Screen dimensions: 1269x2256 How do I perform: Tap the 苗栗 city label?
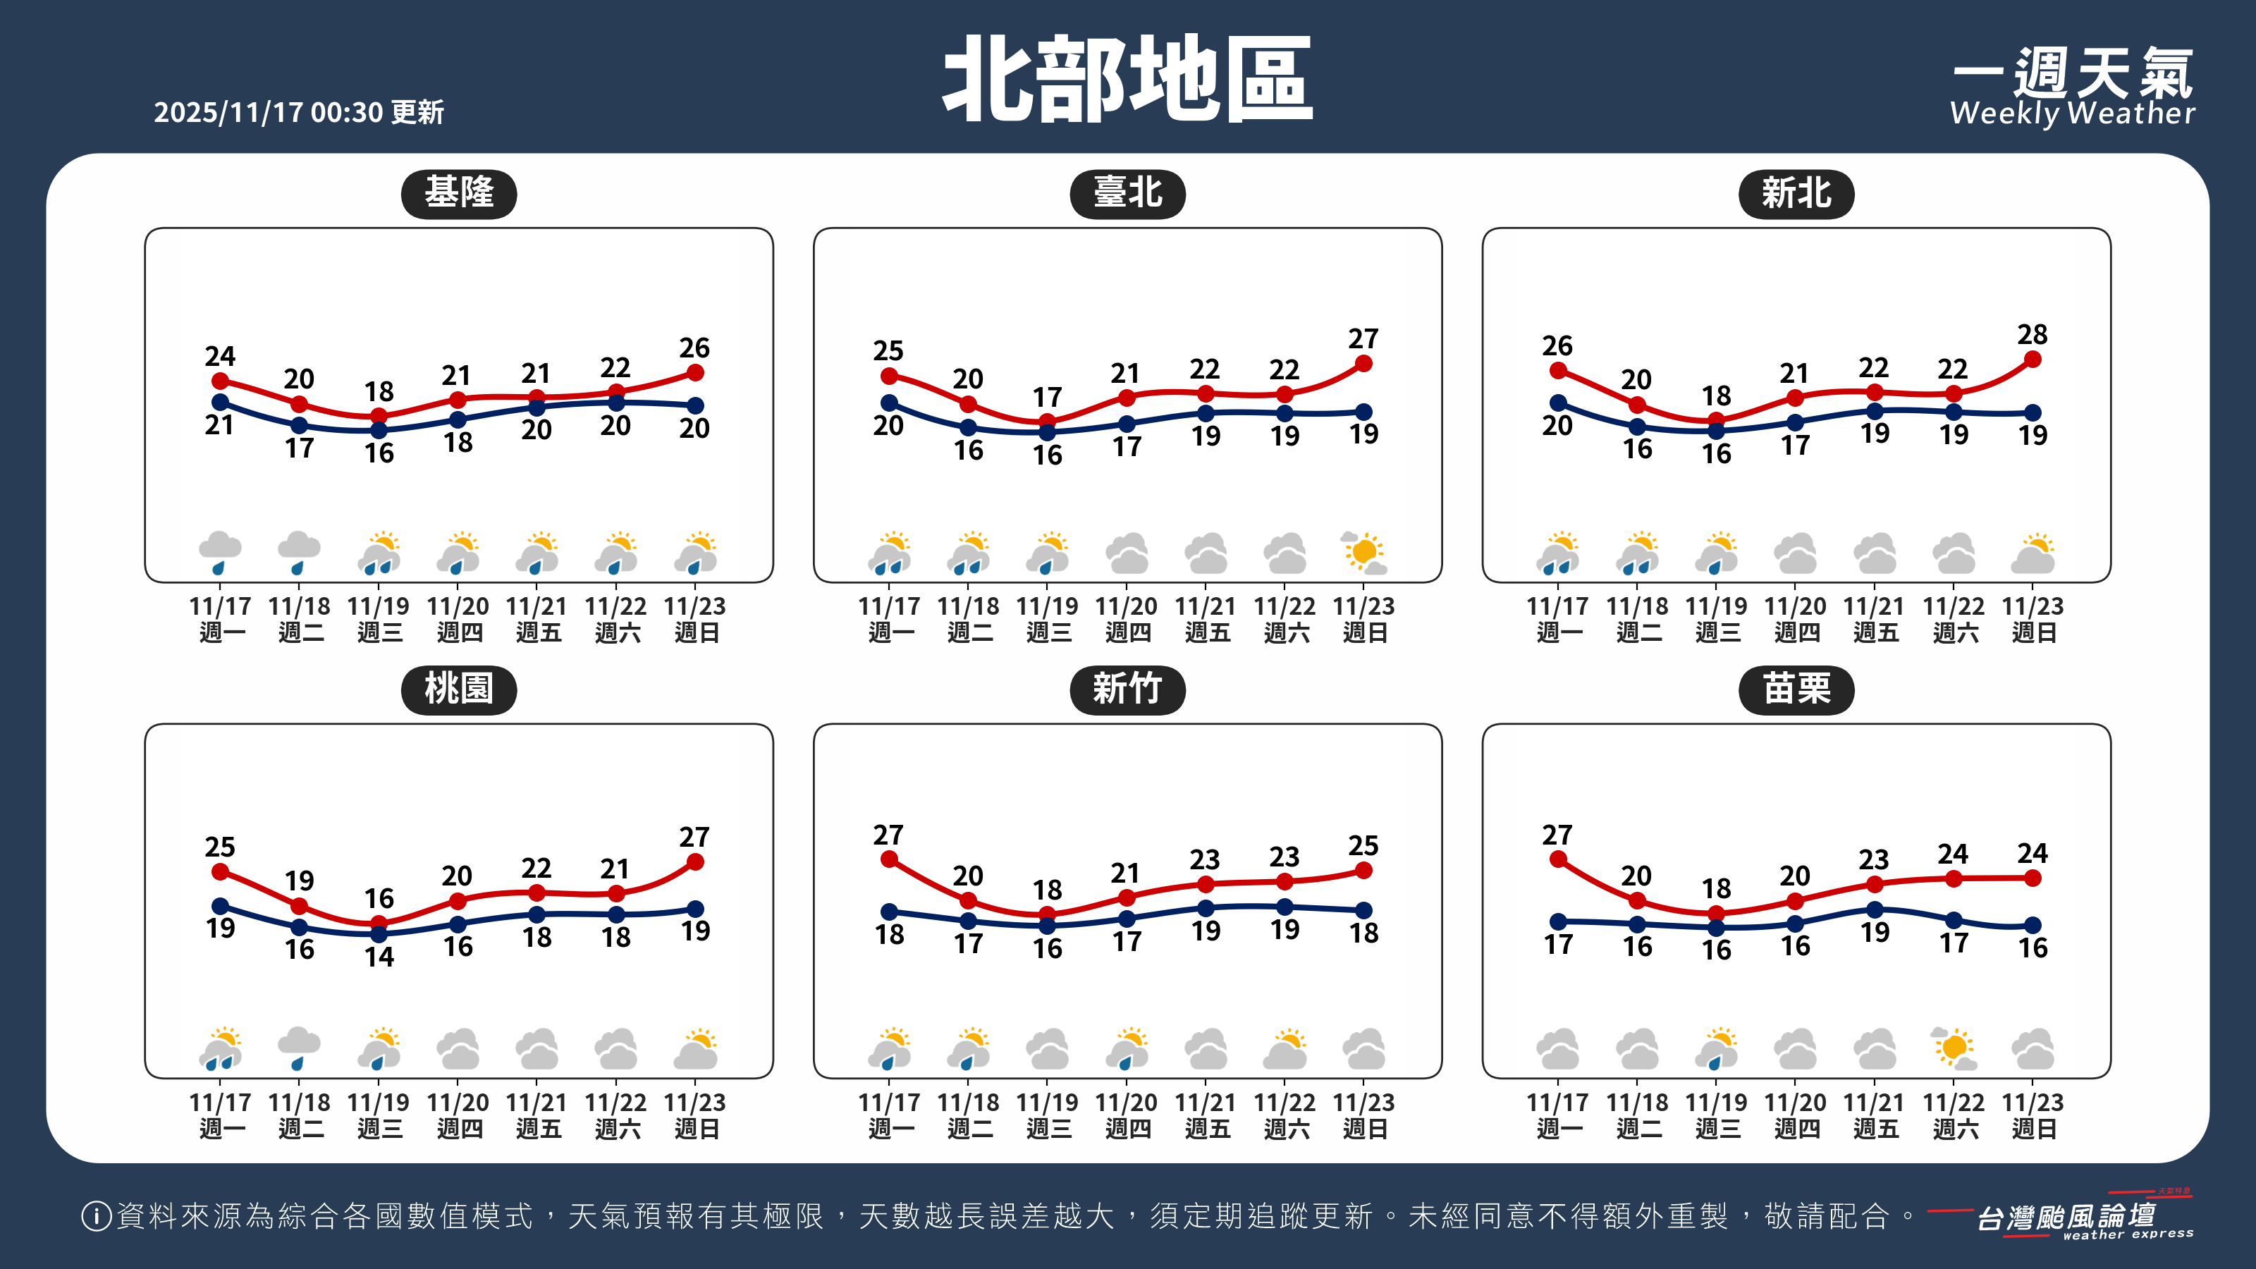coord(1796,690)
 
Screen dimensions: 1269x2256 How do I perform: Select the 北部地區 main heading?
coord(1128,80)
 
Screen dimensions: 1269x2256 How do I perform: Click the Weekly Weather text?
coord(2072,113)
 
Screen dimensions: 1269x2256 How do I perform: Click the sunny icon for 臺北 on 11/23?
coord(1363,553)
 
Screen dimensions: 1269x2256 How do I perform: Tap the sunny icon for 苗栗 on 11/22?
coord(1953,1048)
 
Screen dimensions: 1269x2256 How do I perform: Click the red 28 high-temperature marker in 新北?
coord(2033,359)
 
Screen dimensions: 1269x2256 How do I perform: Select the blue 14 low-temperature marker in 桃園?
coord(379,933)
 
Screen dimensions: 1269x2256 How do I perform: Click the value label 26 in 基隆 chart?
coord(694,348)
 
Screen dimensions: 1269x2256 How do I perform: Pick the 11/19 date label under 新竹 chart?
coord(1048,1103)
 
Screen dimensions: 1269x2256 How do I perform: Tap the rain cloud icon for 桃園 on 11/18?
coord(299,1048)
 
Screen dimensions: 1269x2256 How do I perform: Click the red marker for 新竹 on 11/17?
coord(889,859)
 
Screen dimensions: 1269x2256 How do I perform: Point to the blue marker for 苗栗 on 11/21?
coord(1874,910)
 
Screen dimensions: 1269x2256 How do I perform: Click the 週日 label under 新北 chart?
coord(2033,632)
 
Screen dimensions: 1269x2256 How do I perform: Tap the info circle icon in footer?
coord(95,1215)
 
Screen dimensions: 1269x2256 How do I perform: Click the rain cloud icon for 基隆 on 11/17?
coord(220,553)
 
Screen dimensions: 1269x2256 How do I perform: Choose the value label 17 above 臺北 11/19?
coord(1048,398)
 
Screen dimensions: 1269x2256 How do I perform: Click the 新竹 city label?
coord(1127,690)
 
